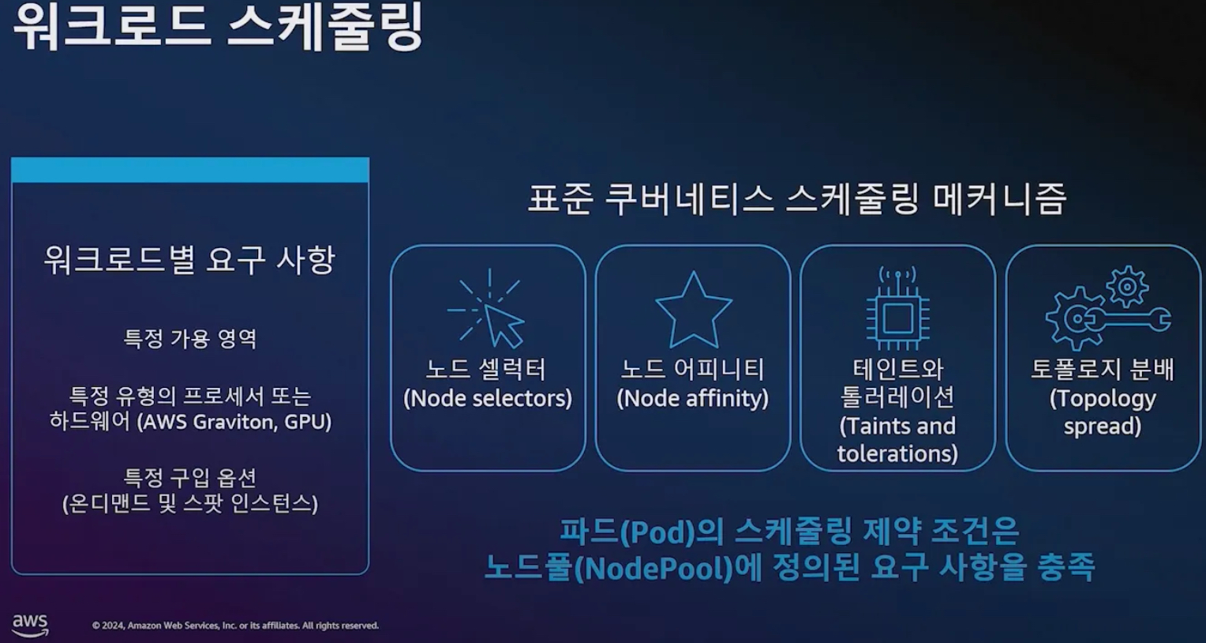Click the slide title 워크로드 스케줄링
pyautogui.click(x=219, y=27)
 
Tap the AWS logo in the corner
pyautogui.click(x=30, y=624)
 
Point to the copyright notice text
pyautogui.click(x=235, y=626)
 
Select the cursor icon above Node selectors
pyautogui.click(x=488, y=310)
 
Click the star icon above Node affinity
pyautogui.click(x=693, y=310)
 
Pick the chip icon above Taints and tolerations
pyautogui.click(x=897, y=310)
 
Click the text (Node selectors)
pyautogui.click(x=488, y=398)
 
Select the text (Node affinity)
pyautogui.click(x=692, y=398)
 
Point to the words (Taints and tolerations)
pyautogui.click(x=897, y=440)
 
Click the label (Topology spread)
pyautogui.click(x=1102, y=412)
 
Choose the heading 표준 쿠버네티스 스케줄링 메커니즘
pyautogui.click(x=796, y=199)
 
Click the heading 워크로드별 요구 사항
pyautogui.click(x=189, y=260)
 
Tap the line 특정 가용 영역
pyautogui.click(x=190, y=339)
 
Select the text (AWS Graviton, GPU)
pyautogui.click(x=234, y=422)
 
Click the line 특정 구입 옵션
pyautogui.click(x=190, y=477)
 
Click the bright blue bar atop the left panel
pyautogui.click(x=190, y=170)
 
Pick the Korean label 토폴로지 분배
pyautogui.click(x=1102, y=369)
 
